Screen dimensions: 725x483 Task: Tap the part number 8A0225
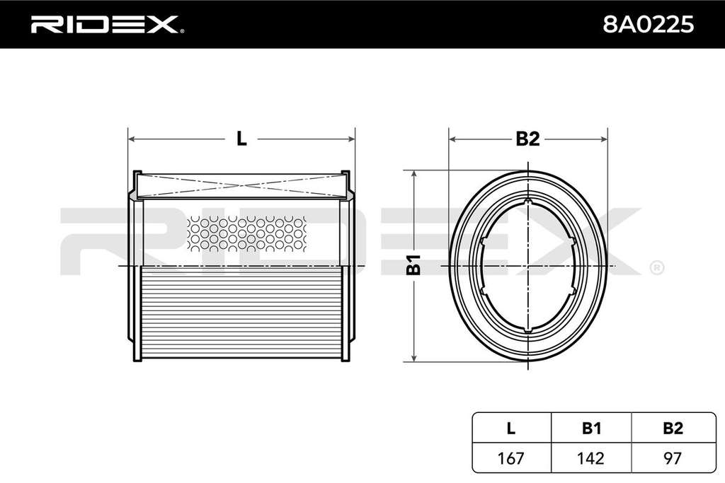click(648, 24)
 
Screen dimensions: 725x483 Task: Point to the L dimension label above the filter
click(241, 139)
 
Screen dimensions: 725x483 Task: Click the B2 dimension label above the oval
click(527, 139)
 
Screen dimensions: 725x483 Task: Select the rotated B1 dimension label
click(413, 264)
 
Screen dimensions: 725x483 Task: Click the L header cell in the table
click(511, 428)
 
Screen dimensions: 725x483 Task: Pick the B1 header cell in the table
click(591, 428)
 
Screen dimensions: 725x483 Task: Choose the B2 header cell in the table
click(673, 428)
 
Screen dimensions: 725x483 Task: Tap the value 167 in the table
click(511, 458)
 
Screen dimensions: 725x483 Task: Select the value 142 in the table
click(591, 458)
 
